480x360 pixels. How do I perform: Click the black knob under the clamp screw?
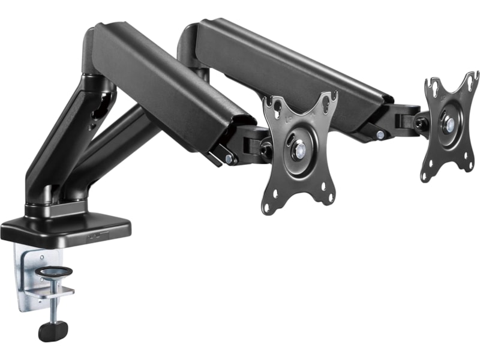pyautogui.click(x=53, y=331)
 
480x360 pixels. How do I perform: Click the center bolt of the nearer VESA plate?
pyautogui.click(x=298, y=151)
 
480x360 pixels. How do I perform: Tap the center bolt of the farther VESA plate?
pyautogui.click(x=449, y=124)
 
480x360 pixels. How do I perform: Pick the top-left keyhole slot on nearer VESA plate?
pyautogui.click(x=273, y=107)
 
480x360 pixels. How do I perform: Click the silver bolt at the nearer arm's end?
pyautogui.click(x=229, y=158)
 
